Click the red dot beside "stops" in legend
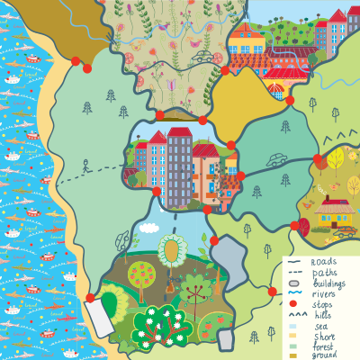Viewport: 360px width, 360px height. click(x=294, y=305)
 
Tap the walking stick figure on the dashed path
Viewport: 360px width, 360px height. click(x=85, y=166)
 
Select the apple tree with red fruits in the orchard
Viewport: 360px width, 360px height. click(x=140, y=274)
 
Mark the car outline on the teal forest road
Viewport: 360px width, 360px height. click(x=276, y=159)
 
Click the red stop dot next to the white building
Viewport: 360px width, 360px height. click(x=90, y=298)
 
